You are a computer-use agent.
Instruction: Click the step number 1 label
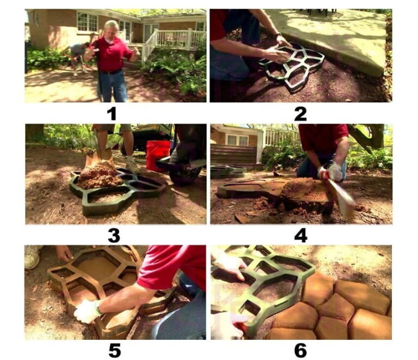(112, 114)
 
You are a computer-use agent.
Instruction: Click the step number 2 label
(300, 114)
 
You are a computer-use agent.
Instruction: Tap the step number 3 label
(114, 235)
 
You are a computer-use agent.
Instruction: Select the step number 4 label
(300, 235)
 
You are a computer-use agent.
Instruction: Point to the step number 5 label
(114, 350)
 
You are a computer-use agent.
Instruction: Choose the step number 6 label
(300, 350)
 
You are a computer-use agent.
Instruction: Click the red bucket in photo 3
(158, 155)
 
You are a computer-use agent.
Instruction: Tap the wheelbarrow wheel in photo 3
(184, 170)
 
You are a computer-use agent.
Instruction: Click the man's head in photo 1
(111, 29)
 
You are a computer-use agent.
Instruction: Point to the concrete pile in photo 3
(99, 175)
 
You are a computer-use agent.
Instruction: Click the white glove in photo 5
(86, 311)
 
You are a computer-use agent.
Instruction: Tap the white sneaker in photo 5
(32, 257)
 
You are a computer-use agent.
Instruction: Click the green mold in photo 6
(264, 283)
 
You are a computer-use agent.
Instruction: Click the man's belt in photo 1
(112, 72)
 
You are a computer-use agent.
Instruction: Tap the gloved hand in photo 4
(330, 172)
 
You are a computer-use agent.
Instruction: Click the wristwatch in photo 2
(278, 35)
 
